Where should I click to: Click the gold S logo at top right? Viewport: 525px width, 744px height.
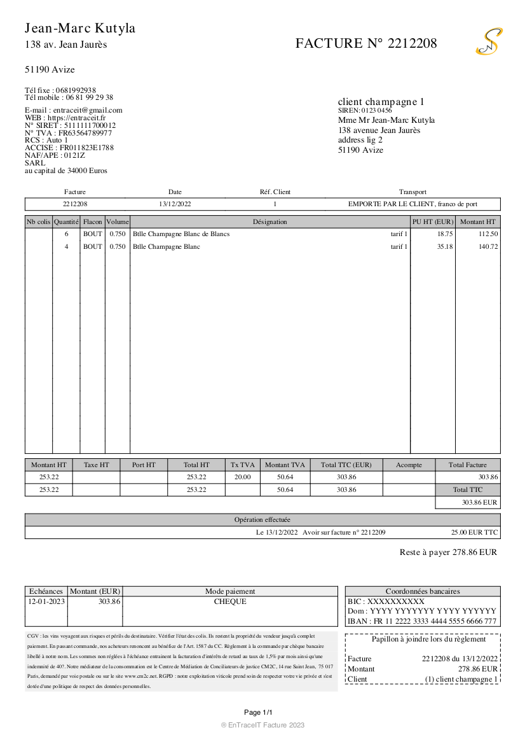coord(489,42)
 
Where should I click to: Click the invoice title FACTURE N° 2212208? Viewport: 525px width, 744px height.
coord(366,43)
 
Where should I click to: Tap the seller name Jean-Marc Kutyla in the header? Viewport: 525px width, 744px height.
coord(80,29)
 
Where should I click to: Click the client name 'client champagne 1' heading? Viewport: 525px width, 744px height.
coord(381,102)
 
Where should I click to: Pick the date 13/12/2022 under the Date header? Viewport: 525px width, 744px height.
coord(175,204)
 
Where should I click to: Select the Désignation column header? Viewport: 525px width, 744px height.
coord(269,222)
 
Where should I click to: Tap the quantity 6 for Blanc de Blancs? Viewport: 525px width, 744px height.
coord(66,234)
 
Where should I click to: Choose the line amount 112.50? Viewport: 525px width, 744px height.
coord(488,234)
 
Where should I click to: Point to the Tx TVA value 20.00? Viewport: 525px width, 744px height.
coord(243,477)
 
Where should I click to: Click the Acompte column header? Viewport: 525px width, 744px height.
coord(409,465)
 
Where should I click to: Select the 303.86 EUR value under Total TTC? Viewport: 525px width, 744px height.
coord(479,503)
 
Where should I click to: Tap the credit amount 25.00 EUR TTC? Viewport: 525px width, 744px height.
coord(474,533)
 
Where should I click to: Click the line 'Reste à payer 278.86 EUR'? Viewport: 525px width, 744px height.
coord(448,552)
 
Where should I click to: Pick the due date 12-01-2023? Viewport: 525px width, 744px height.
coord(46,601)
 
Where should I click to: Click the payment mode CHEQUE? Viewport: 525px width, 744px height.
coord(230,601)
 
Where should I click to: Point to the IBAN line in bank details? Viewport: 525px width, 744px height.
coord(422,622)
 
